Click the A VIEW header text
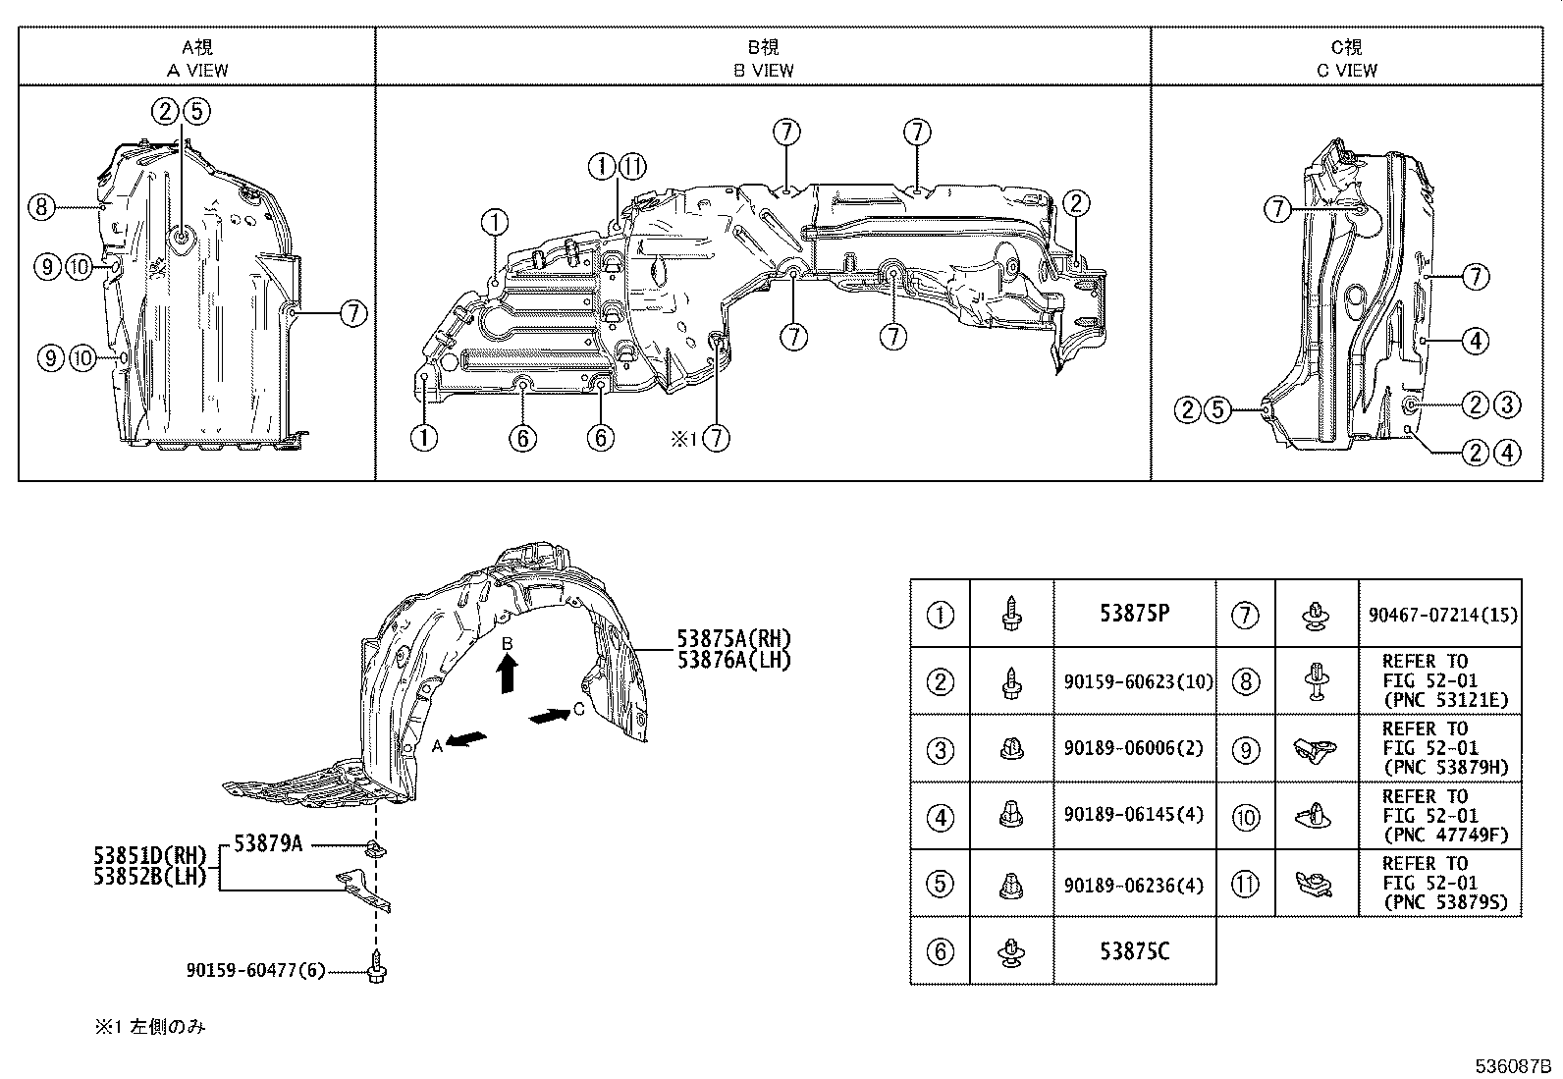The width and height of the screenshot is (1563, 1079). [x=196, y=70]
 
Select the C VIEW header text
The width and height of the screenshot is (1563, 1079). [x=1346, y=70]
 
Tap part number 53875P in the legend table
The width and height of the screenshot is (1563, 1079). [x=1134, y=614]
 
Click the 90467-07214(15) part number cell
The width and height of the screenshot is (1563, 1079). [x=1441, y=616]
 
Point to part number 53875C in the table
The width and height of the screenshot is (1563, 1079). [x=1134, y=951]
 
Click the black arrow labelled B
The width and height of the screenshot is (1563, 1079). [x=508, y=674]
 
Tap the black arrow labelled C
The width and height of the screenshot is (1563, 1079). [x=549, y=718]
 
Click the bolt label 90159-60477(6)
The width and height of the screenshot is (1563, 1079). [x=255, y=970]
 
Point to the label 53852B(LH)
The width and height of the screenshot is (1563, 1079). [x=151, y=878]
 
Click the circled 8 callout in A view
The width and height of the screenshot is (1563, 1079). [x=40, y=207]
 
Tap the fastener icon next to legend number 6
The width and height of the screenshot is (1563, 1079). [x=1011, y=951]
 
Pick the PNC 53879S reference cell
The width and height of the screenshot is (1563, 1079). [x=1439, y=884]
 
